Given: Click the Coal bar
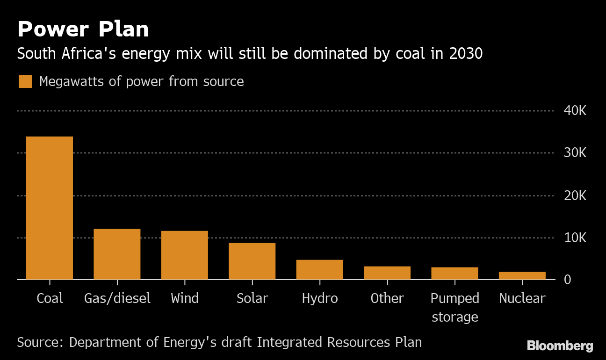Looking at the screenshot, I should pos(50,208).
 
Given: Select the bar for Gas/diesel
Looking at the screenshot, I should pos(117,254).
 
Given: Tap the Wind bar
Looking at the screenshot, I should pos(185,255).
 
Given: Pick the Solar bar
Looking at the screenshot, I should pos(252,261).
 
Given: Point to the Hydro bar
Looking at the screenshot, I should pos(319,270).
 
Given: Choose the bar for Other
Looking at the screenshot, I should pos(387,273).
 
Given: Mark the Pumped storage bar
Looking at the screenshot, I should pos(454,274).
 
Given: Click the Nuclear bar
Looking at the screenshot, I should pos(522,276).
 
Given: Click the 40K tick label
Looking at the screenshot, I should pos(575,111).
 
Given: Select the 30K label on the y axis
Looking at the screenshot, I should pos(575,153).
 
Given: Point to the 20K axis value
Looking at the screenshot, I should pos(575,195).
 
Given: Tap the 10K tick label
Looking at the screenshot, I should pos(575,238).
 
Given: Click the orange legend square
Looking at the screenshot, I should pos(25,81).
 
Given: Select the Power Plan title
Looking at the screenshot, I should pos(83,29).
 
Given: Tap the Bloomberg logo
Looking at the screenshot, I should pos(560,346).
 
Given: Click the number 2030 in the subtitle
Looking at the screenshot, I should pos(465,54).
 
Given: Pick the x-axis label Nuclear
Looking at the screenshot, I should pos(522,298).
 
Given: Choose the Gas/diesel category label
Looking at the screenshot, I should pos(117,298).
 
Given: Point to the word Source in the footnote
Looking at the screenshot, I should pos(36,342).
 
